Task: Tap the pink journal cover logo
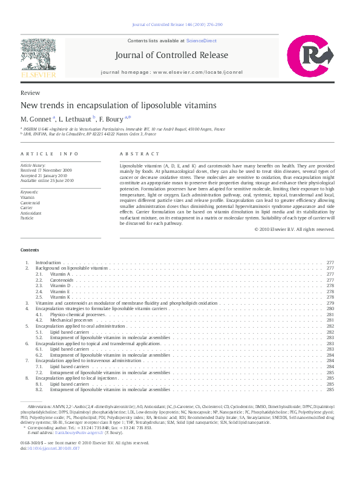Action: click(310, 57)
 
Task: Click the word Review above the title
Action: click(30, 93)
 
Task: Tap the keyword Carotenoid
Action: click(30, 203)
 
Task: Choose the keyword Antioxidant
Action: click(30, 212)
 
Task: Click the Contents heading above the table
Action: click(30, 250)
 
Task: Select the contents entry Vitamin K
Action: click(61, 297)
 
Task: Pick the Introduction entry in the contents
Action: click(48, 263)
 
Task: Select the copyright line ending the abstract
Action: click(295, 230)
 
